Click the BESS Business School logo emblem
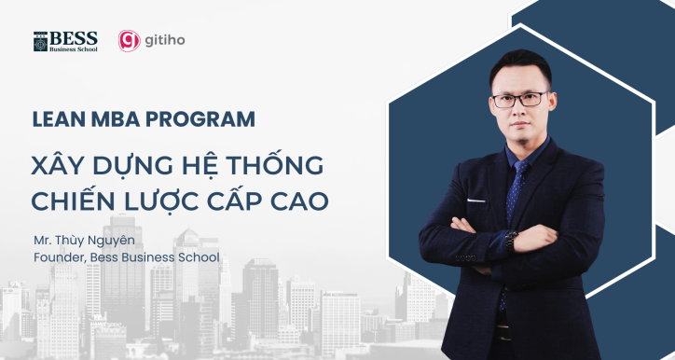click(40, 41)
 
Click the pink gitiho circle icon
click(129, 41)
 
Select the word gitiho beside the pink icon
click(164, 41)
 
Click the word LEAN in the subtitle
click(53, 120)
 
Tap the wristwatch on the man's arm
click(510, 238)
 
